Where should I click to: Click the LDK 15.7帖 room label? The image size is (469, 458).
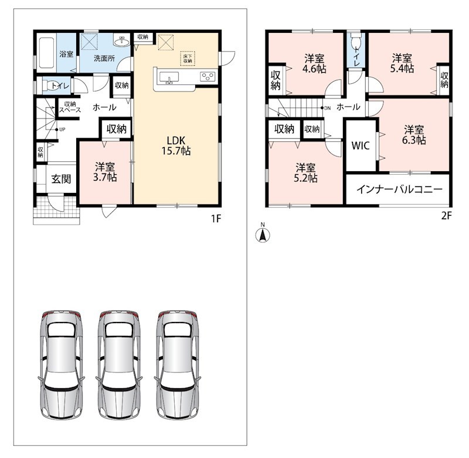pyautogui.click(x=176, y=145)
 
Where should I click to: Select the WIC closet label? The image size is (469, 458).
pyautogui.click(x=361, y=145)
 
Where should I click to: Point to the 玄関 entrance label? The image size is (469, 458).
pyautogui.click(x=62, y=179)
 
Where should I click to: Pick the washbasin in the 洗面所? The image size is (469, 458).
pyautogui.click(x=121, y=41)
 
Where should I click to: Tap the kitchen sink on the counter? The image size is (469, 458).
pyautogui.click(x=169, y=78)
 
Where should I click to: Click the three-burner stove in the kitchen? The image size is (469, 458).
pyautogui.click(x=208, y=76)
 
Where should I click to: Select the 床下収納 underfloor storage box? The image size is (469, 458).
pyautogui.click(x=188, y=59)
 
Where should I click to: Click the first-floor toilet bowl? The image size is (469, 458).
pyautogui.click(x=50, y=86)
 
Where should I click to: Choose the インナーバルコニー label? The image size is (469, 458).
pyautogui.click(x=399, y=189)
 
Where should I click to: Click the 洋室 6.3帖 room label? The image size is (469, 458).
pyautogui.click(x=414, y=135)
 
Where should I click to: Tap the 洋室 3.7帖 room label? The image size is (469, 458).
pyautogui.click(x=105, y=172)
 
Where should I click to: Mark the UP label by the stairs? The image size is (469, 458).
pyautogui.click(x=62, y=130)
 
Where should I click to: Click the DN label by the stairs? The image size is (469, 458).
pyautogui.click(x=328, y=108)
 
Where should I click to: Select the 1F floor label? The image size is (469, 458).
pyautogui.click(x=216, y=219)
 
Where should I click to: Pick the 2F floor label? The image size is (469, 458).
pyautogui.click(x=446, y=215)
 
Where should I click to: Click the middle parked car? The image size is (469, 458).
pyautogui.click(x=120, y=365)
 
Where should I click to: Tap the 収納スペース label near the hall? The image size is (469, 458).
pyautogui.click(x=70, y=107)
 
